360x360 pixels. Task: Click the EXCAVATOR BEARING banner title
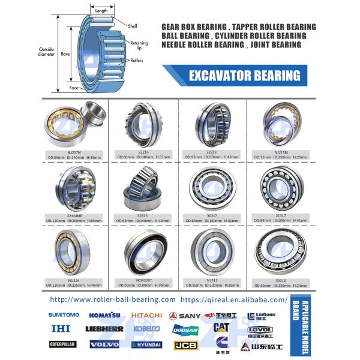(x=244, y=76)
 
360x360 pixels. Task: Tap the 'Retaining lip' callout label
(x=139, y=44)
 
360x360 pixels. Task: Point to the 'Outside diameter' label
(x=46, y=52)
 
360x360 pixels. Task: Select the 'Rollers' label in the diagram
(x=136, y=61)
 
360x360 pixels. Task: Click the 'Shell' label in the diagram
(x=132, y=26)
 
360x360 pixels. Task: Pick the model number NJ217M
(x=74, y=152)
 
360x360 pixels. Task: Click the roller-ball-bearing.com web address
(x=113, y=299)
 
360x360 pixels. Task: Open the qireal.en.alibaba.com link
(x=234, y=299)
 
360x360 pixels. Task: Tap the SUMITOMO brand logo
(x=64, y=314)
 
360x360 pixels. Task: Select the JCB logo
(x=185, y=345)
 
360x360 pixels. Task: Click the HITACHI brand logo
(x=146, y=315)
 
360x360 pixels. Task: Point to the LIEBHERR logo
(x=104, y=329)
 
